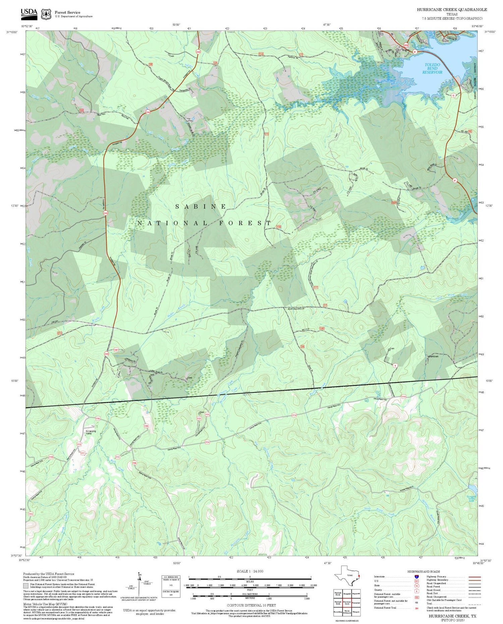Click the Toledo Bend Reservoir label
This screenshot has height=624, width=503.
[432, 68]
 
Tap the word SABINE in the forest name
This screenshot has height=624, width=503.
[201, 207]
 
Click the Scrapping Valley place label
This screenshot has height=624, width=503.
[91, 432]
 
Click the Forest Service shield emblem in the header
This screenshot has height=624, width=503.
[46, 14]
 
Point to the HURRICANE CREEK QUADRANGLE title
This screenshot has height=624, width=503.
[452, 9]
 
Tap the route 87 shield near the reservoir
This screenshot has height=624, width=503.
[415, 52]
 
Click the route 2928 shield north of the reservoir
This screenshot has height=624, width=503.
[406, 45]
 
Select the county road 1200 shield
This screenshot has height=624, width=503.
[146, 426]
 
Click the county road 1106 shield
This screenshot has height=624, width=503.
[134, 463]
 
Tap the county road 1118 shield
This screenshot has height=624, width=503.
[51, 457]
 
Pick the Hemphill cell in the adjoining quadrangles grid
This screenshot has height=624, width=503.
[347, 593]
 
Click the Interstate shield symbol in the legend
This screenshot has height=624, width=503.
[416, 577]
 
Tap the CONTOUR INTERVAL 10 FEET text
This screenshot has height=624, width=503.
[251, 605]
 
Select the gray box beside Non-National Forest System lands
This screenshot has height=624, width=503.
[26, 586]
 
